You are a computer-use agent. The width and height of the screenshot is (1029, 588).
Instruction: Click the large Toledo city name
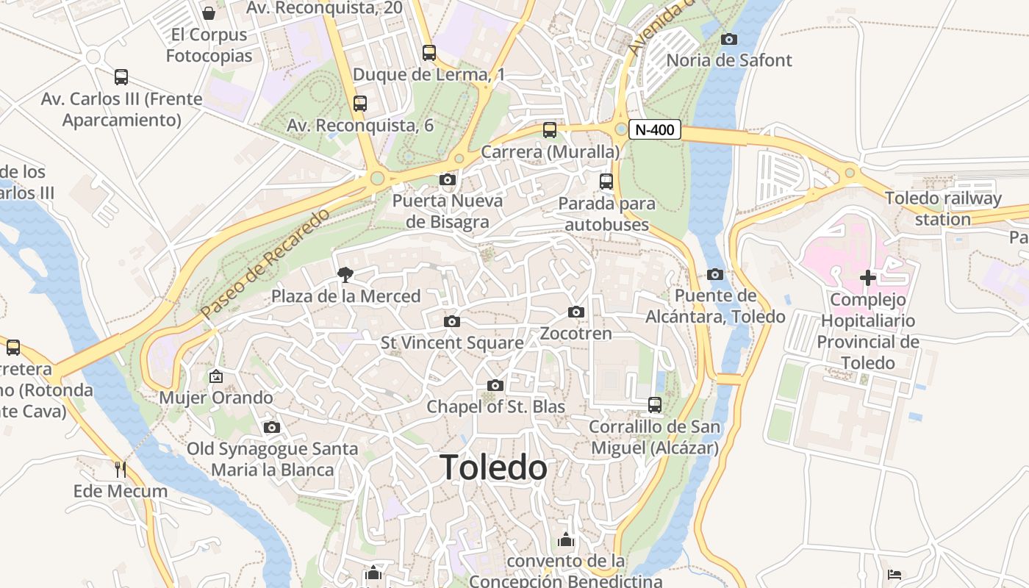(x=493, y=467)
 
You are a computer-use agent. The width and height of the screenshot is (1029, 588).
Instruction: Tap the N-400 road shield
(x=653, y=130)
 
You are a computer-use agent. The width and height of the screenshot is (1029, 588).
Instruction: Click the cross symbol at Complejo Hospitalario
(x=868, y=278)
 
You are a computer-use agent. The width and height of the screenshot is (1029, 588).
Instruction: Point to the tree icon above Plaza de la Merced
(x=344, y=276)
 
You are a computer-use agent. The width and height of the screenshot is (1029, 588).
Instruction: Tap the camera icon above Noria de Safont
(x=729, y=39)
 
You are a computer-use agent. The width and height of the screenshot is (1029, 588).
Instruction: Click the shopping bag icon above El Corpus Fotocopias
(x=209, y=13)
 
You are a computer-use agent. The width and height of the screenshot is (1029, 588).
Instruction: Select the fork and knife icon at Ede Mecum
(x=121, y=469)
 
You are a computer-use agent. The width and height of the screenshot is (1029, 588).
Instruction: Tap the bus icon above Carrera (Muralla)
(x=550, y=130)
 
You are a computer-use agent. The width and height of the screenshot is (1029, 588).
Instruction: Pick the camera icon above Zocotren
(x=576, y=312)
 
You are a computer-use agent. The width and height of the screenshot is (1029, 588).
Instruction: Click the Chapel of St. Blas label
(x=496, y=406)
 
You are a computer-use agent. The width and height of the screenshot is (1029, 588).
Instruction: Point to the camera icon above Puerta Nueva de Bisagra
(x=447, y=179)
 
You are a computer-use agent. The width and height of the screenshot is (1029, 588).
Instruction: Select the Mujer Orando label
(x=216, y=398)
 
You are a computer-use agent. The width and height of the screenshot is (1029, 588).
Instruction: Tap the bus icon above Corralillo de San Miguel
(x=654, y=405)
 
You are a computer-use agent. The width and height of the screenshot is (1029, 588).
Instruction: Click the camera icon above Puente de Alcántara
(x=714, y=275)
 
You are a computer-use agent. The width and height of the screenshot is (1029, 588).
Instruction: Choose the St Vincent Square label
(x=452, y=343)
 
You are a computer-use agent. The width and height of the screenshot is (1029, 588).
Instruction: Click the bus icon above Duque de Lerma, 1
(x=429, y=53)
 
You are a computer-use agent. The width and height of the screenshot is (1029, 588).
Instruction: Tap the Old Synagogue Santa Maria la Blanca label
(x=273, y=459)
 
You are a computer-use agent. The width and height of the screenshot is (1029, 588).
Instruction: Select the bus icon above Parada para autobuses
(x=606, y=182)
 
